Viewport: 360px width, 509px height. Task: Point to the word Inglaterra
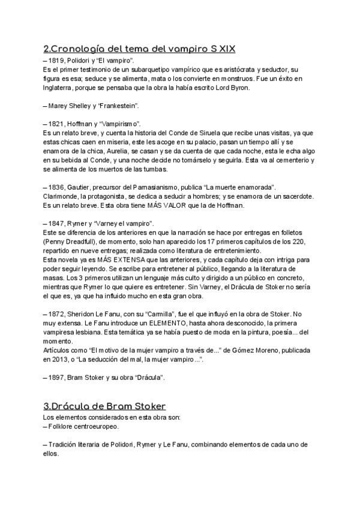click(60, 88)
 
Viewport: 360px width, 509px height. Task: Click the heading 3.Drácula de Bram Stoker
click(105, 406)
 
